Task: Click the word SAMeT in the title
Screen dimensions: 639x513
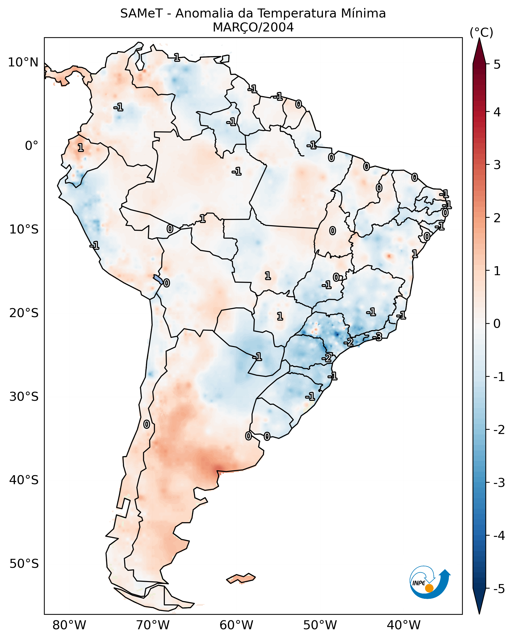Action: (141, 14)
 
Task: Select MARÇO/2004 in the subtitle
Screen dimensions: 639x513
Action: (253, 27)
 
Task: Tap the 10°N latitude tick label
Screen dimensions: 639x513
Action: (23, 62)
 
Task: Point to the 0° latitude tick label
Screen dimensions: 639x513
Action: (31, 146)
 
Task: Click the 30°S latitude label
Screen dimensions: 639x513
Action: (24, 397)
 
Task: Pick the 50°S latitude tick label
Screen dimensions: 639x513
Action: (24, 564)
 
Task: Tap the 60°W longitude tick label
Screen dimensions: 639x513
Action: (236, 625)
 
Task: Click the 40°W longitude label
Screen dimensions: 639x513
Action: (403, 625)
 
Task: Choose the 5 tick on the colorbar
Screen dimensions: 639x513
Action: (497, 64)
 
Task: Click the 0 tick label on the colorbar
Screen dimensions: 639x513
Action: (497, 324)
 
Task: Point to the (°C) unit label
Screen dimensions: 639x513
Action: (481, 33)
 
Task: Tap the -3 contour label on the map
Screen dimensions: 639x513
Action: (377, 337)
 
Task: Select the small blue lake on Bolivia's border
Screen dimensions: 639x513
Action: (158, 279)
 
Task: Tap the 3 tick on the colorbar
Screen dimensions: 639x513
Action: (497, 165)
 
